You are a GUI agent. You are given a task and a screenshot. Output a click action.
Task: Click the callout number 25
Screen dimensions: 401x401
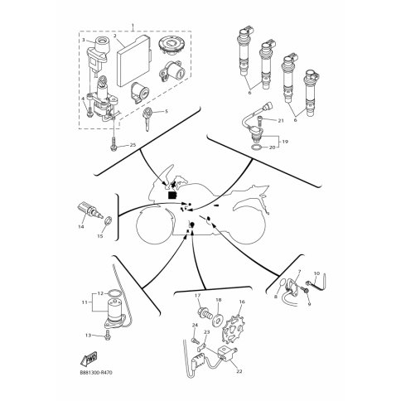pyautogui.click(x=133, y=145)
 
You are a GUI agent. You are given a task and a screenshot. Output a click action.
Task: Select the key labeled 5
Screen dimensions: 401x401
pyautogui.click(x=147, y=118)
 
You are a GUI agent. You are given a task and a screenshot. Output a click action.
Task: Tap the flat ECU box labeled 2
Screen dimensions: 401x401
pyautogui.click(x=133, y=60)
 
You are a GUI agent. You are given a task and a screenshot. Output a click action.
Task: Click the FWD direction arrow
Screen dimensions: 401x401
pyautogui.click(x=89, y=357)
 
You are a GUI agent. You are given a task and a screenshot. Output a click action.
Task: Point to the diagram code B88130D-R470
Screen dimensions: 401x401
pyautogui.click(x=96, y=373)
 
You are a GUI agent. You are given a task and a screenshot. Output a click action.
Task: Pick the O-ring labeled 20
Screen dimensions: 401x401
pyautogui.click(x=257, y=147)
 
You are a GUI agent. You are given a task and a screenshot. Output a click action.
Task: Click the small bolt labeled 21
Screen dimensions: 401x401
pyautogui.click(x=259, y=121)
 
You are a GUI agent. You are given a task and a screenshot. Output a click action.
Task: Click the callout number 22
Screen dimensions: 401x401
pyautogui.click(x=239, y=371)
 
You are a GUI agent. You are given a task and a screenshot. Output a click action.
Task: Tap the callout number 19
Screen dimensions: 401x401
pyautogui.click(x=285, y=142)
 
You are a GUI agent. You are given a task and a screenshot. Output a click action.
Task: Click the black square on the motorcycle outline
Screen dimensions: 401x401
pyautogui.click(x=172, y=195)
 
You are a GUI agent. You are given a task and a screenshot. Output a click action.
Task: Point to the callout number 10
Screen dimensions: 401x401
pyautogui.click(x=316, y=273)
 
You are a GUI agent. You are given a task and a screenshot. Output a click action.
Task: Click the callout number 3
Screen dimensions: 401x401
pyautogui.click(x=84, y=40)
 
